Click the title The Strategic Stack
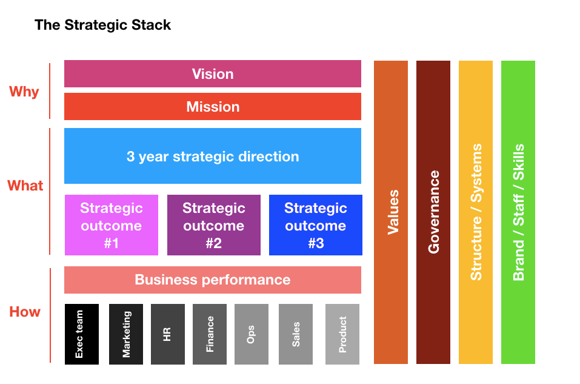pos(102,25)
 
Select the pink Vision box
pos(213,73)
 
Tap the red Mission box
pos(213,106)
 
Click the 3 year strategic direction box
pos(213,156)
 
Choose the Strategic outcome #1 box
pos(112,225)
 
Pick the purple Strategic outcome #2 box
pos(214,225)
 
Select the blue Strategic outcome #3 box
pos(316,225)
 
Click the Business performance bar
pos(213,280)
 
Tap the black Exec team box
pos(82,334)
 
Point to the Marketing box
pos(126,334)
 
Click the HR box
pos(167,334)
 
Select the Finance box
pos(210,334)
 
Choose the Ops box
pos(252,334)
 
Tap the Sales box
pos(296,334)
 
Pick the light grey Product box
pos(342,334)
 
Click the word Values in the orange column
pos(393,212)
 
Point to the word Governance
pos(433,212)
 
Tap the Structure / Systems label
pos(476,212)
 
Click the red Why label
pos(24,92)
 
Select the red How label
pos(25,312)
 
